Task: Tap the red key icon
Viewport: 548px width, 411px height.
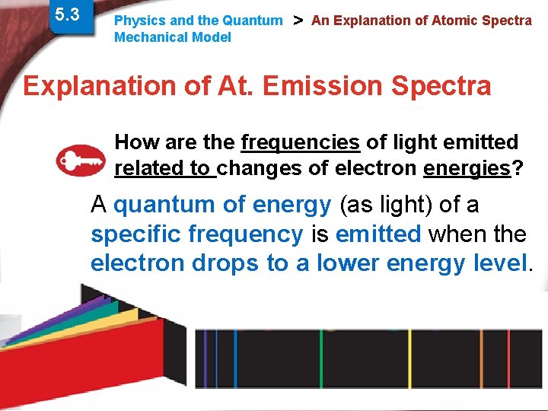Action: (x=81, y=159)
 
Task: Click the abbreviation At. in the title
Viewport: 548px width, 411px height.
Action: (x=232, y=86)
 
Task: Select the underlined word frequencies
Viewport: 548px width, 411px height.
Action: (x=300, y=142)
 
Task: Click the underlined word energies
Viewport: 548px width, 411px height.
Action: (x=466, y=168)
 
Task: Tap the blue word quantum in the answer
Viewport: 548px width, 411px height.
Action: (x=164, y=205)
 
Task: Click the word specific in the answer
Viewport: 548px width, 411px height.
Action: (x=138, y=234)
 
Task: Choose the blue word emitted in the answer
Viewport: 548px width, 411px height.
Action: (x=378, y=234)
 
